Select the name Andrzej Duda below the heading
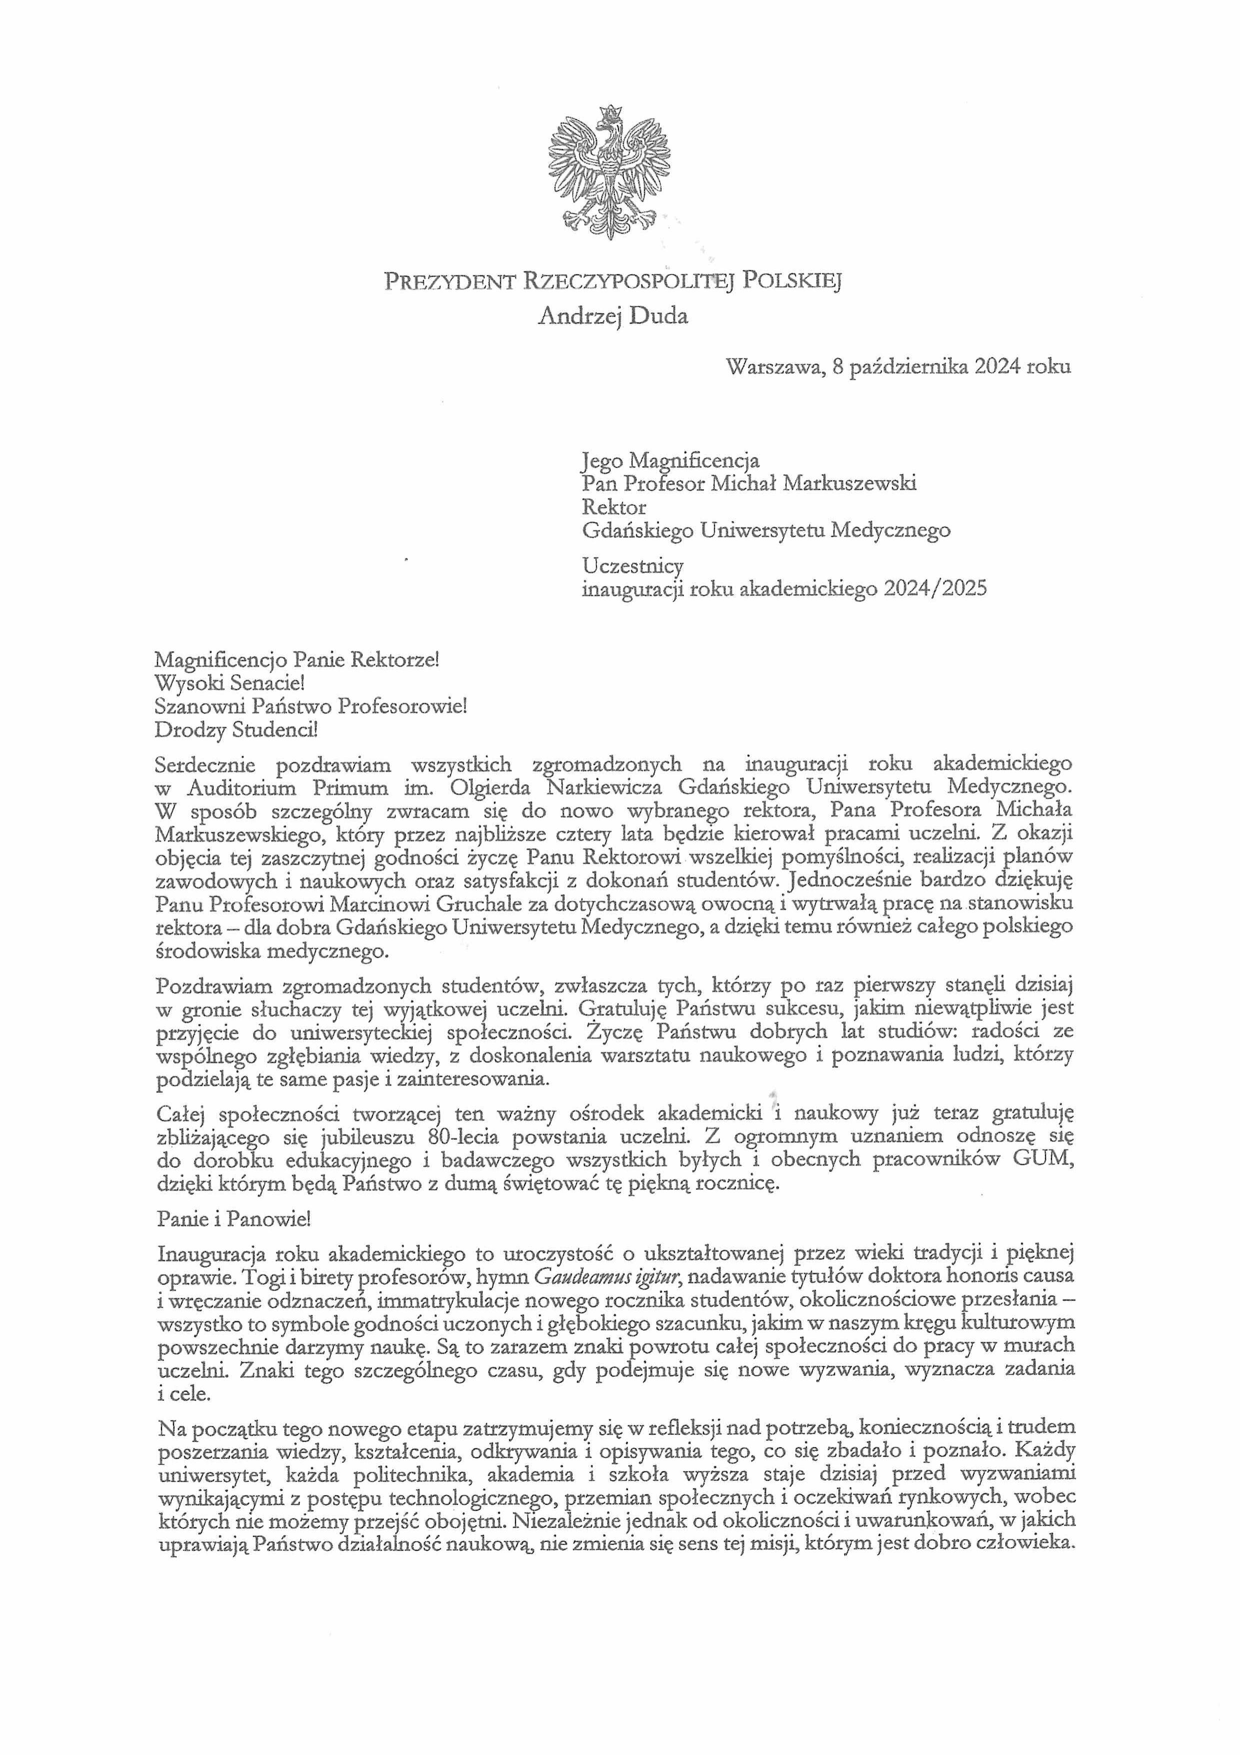click(x=612, y=316)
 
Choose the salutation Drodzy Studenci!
click(x=235, y=729)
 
